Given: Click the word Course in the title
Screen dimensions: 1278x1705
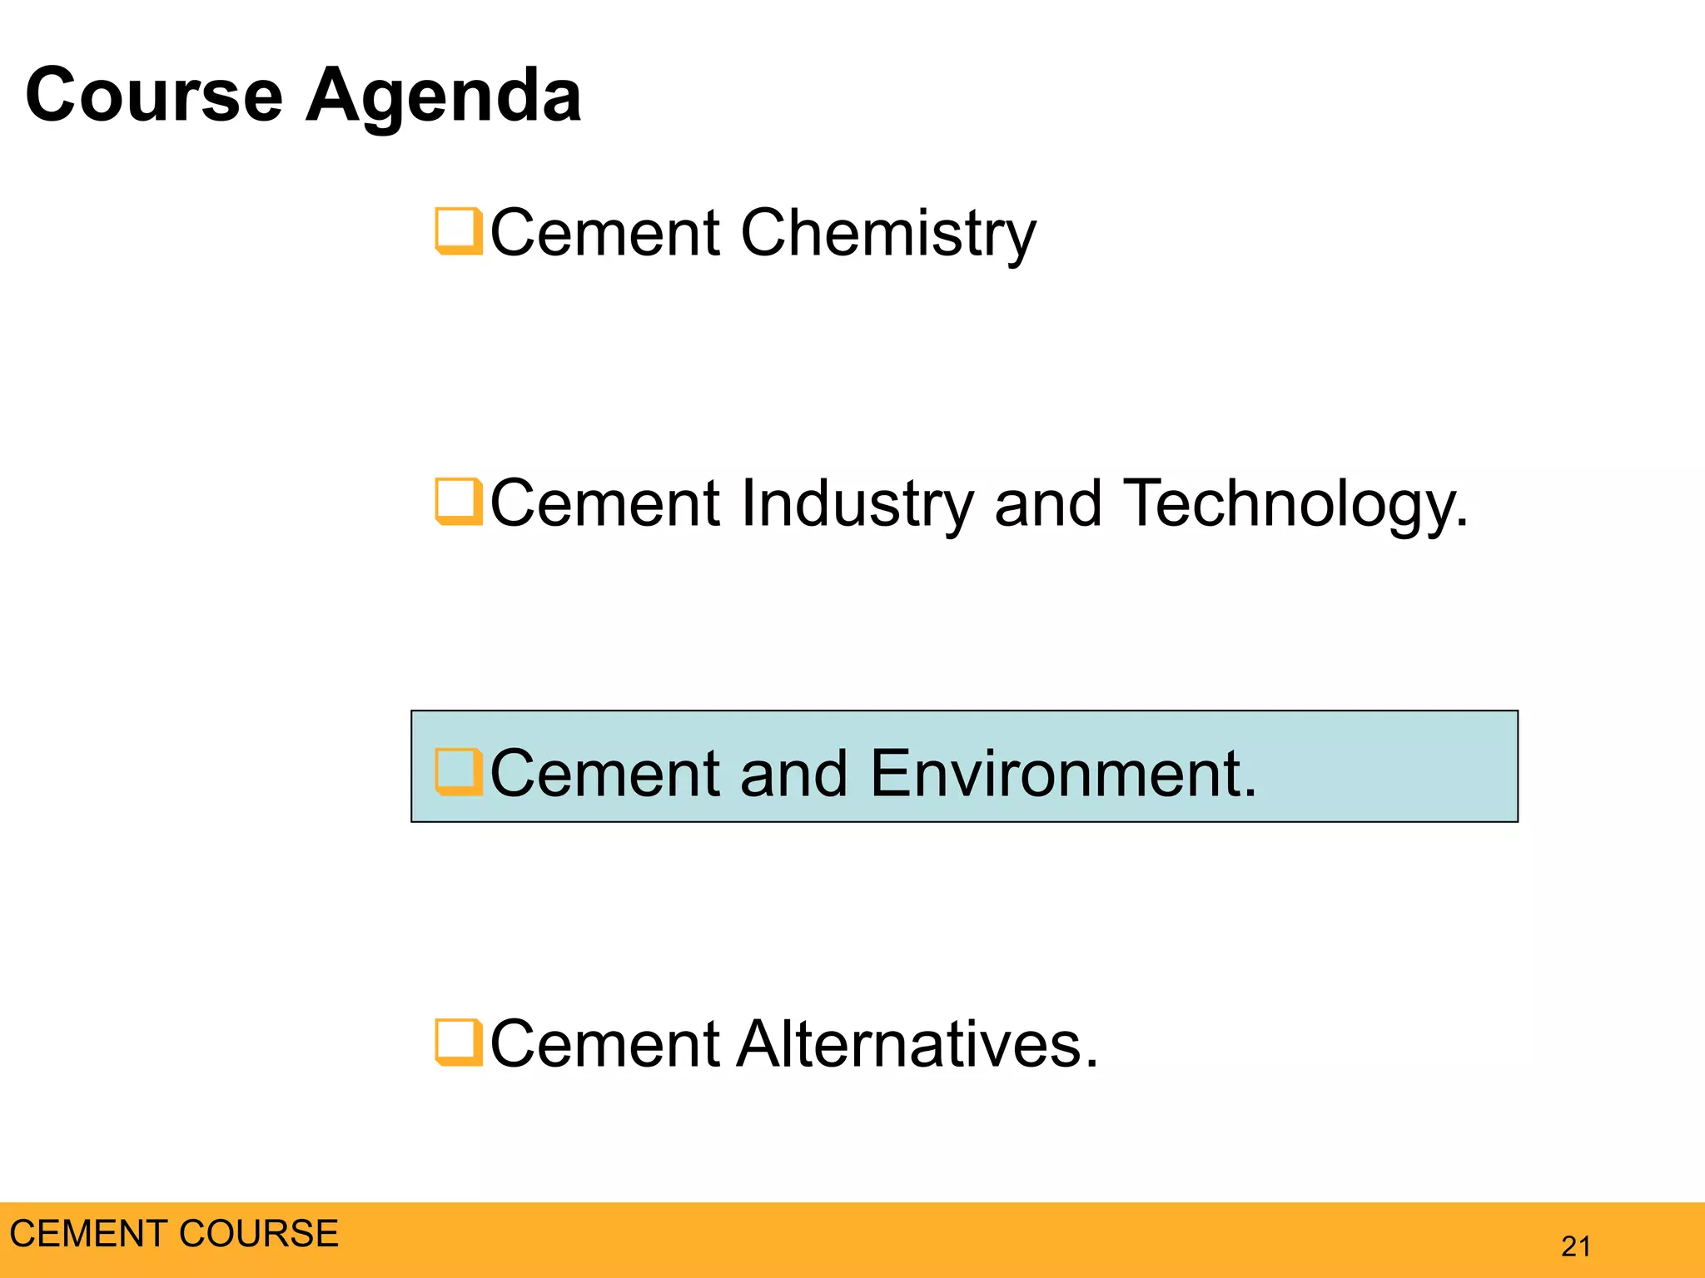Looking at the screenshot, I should pos(154,95).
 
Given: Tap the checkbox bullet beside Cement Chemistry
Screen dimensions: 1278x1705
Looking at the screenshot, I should pos(458,231).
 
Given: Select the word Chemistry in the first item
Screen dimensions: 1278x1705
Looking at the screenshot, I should pos(887,234).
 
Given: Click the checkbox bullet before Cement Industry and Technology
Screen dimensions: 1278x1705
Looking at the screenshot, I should pos(458,502).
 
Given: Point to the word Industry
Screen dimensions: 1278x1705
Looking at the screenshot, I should pos(856,504).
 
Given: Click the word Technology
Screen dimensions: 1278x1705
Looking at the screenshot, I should pos(1295,504).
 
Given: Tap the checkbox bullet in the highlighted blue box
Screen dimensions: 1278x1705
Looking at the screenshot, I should pos(458,772).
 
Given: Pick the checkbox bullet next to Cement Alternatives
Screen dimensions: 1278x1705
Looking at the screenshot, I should pos(458,1043).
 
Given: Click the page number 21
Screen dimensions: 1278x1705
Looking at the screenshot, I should pos(1576,1246).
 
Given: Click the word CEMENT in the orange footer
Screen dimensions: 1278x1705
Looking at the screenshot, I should pos(87,1233).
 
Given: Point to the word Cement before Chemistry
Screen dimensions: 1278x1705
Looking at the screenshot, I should pos(605,232).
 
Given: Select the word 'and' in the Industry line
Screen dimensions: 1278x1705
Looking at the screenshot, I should pos(1048,503).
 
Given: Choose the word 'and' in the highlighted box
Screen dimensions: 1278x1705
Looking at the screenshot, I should pos(793,774).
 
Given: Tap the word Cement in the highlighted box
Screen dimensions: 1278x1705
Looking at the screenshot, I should pos(605,774).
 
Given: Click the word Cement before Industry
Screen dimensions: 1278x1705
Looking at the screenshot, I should pos(605,503).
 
